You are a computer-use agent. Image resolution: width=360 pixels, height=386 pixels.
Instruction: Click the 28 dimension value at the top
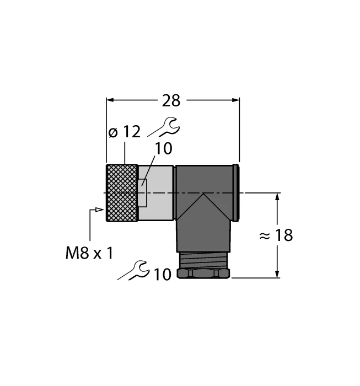pos(171,100)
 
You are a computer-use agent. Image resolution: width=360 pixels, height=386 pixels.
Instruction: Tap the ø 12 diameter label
pos(123,132)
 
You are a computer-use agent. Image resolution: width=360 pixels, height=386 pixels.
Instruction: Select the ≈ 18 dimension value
pos(276,235)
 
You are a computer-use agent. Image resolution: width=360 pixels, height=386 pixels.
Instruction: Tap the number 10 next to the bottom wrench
pos(163,274)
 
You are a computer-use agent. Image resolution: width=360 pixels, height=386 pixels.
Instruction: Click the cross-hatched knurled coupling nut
pos(122,192)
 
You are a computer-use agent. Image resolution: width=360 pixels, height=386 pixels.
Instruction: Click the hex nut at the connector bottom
pos(203,274)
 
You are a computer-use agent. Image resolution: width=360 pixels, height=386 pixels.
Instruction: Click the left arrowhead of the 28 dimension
pos(110,100)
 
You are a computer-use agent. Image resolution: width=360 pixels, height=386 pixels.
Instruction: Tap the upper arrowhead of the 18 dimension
pos(276,197)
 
